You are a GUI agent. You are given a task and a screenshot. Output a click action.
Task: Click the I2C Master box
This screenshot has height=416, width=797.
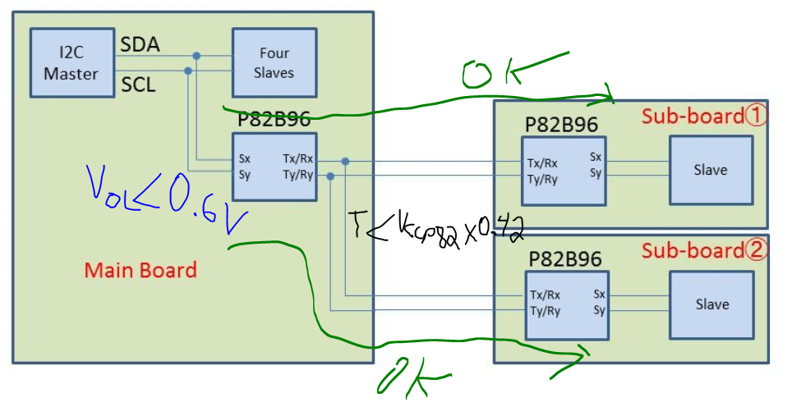click(x=71, y=63)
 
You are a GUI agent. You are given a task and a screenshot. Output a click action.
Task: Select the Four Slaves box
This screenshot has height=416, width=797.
click(x=274, y=63)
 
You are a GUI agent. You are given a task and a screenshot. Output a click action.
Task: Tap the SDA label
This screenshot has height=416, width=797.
click(x=141, y=44)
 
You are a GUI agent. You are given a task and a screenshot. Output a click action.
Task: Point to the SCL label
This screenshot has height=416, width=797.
click(x=139, y=84)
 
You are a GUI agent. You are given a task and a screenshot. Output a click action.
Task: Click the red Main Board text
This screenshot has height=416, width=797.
click(x=141, y=269)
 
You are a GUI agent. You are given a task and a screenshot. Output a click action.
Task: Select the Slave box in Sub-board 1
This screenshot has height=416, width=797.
click(x=710, y=170)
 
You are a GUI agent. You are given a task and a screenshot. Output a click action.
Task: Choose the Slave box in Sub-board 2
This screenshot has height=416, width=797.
click(x=712, y=304)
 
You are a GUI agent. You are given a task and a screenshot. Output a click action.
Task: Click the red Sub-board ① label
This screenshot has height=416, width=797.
click(x=704, y=116)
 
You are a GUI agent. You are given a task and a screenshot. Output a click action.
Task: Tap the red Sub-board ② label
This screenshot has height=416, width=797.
click(x=704, y=249)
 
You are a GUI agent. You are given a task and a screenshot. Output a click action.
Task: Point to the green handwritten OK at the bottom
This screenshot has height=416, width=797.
click(x=411, y=380)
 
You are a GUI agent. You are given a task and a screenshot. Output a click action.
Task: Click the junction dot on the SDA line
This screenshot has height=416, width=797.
click(x=196, y=56)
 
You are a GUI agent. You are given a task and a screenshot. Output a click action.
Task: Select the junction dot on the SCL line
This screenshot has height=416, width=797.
click(x=188, y=71)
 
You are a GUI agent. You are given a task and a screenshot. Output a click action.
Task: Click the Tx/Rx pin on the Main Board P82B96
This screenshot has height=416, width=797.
click(x=297, y=158)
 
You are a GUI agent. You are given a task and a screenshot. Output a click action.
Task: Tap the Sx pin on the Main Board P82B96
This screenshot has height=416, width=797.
click(x=245, y=158)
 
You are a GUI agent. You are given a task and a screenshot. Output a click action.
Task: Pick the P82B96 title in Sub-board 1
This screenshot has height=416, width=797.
click(x=561, y=125)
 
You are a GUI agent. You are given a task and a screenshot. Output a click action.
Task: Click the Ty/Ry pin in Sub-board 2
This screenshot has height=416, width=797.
click(x=546, y=310)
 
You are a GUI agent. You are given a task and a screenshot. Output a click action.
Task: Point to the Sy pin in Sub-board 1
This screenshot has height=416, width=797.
click(x=596, y=173)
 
